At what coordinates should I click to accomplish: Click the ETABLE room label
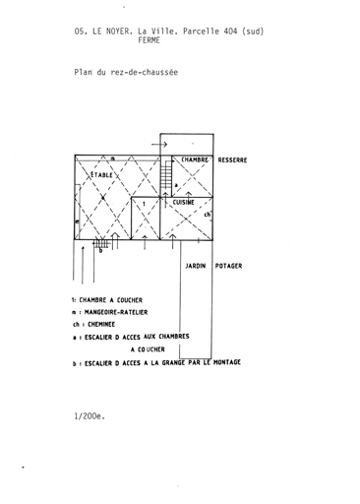(101, 175)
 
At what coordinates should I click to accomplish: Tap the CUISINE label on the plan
(184, 202)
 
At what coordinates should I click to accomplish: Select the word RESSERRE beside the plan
(232, 160)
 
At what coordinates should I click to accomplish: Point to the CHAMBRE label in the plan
(195, 159)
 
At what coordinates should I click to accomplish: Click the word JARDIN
(196, 266)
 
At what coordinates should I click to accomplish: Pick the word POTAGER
(228, 266)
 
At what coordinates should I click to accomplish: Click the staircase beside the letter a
(166, 176)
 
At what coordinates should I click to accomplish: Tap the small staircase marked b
(101, 243)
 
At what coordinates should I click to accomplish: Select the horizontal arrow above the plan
(159, 144)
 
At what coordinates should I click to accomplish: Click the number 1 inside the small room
(144, 204)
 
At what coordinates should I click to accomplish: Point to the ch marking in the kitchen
(208, 215)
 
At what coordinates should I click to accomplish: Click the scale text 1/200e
(90, 416)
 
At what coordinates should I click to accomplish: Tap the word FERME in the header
(150, 40)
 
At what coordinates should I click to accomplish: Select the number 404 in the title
(230, 31)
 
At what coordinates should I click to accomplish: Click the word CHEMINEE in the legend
(101, 325)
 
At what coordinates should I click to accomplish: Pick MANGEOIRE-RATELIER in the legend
(116, 312)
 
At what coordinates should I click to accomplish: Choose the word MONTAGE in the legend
(227, 362)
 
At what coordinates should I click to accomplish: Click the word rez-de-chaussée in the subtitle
(145, 72)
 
